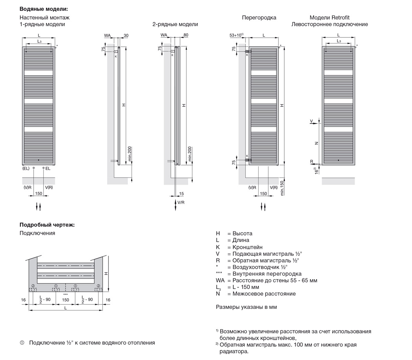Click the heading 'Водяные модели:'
pos(44,9)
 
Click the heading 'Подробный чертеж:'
pos(47,225)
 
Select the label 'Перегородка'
pos(259,18)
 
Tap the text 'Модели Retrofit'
pos(329,18)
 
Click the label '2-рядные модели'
pos(175,24)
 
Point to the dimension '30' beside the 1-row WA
pos(126,35)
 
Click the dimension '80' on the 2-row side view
pos(186,35)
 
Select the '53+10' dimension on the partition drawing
pos(236,35)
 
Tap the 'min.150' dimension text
pos(282,188)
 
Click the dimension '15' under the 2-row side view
pos(181,194)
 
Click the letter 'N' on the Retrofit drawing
pos(317,143)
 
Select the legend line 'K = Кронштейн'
pos(239,247)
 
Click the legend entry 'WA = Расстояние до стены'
pos(266,280)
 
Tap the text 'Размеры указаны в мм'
pos(246,307)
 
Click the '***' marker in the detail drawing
pos(65,294)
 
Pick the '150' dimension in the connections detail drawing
pos(65,300)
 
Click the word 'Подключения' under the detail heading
pos(37,233)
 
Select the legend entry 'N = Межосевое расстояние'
pos(256,294)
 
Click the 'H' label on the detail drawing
pos(106,274)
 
